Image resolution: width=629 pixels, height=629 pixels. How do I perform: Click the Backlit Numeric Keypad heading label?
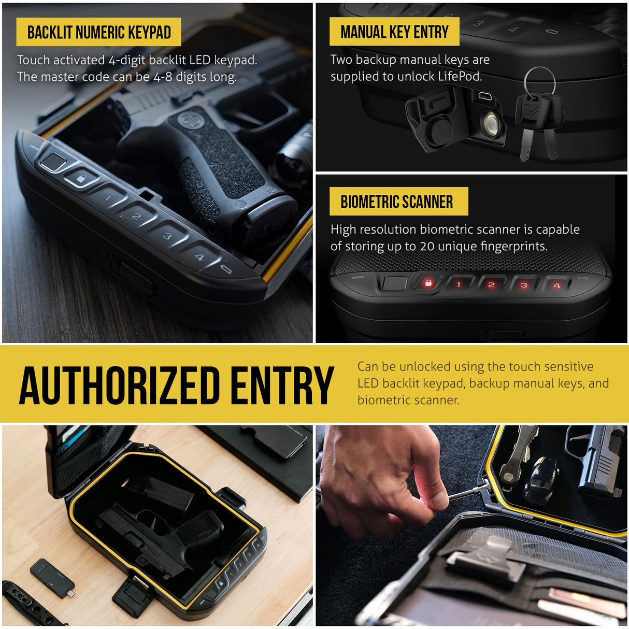coord(98,32)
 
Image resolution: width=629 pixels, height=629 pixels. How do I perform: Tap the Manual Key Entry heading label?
coord(394,32)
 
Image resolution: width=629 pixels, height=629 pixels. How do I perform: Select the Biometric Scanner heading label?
coord(397,202)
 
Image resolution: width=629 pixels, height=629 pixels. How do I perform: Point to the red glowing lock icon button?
coord(428,283)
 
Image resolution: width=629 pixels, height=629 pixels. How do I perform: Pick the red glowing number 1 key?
coord(459,284)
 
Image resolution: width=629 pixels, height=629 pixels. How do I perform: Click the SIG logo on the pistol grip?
coord(190,122)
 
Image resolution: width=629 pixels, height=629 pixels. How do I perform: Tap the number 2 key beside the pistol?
coord(136,217)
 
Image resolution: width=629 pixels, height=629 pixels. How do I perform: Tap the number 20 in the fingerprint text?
coord(427,246)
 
